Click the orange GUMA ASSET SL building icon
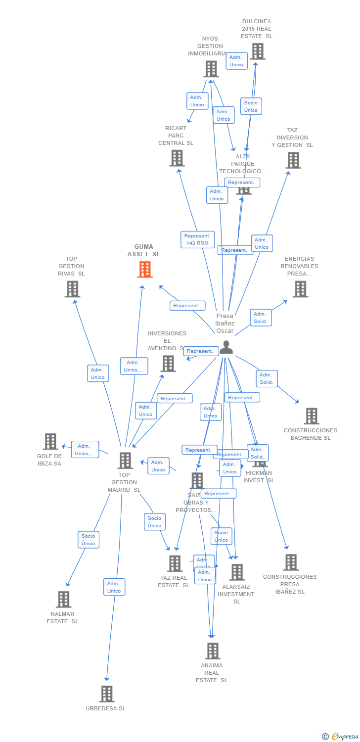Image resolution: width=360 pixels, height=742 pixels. tap(145, 270)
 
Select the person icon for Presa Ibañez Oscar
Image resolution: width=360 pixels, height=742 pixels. tap(226, 347)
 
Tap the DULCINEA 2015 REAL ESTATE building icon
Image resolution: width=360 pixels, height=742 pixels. tap(257, 51)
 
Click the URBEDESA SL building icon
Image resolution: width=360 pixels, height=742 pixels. tap(106, 694)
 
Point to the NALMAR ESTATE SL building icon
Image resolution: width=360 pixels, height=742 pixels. tap(63, 600)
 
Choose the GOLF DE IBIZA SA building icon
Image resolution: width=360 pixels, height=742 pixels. tap(50, 442)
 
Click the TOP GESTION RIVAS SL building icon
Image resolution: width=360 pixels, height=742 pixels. tap(72, 289)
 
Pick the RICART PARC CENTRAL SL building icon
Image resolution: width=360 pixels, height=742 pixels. tap(177, 158)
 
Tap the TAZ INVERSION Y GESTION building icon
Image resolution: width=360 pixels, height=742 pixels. tap(293, 160)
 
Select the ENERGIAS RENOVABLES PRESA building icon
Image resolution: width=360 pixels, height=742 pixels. tap(300, 289)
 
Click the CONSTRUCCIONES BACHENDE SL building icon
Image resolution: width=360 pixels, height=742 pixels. tap(311, 417)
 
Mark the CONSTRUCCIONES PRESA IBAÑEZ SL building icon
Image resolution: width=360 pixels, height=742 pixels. tap(291, 562)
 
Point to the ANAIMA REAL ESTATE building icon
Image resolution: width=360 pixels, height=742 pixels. tap(212, 651)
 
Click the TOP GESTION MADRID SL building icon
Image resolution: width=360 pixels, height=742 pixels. tap(125, 461)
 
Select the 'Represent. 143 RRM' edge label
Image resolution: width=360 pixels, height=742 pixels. tap(198, 239)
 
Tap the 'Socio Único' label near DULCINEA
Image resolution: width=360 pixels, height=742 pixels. tap(251, 106)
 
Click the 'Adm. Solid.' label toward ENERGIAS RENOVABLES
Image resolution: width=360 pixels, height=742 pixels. tap(261, 318)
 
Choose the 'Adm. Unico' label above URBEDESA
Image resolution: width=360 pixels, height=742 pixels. tap(114, 587)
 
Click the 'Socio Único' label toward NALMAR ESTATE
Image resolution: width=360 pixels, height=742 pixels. tap(89, 540)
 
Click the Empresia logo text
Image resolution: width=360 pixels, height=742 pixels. tap(345, 737)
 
